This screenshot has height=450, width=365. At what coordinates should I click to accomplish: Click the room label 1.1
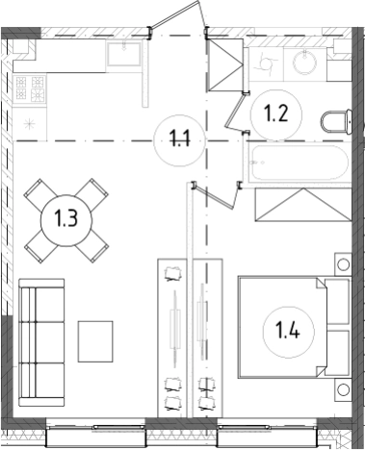coord(180,140)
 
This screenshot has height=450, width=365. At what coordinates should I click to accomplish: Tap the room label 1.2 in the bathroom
coord(276,113)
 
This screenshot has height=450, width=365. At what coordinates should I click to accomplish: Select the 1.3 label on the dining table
coord(66,219)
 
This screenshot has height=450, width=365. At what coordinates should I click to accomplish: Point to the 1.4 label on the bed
coord(288,331)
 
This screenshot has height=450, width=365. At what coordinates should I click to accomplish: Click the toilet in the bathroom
coord(336,122)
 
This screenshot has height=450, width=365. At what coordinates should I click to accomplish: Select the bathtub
coord(300,163)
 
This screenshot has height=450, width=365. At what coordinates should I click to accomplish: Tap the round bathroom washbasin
coord(304,62)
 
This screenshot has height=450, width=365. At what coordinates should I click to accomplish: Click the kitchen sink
coord(124,54)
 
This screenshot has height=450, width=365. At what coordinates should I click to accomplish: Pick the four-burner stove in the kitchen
coord(30,88)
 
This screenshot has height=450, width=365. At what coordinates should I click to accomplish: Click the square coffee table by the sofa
coord(95,341)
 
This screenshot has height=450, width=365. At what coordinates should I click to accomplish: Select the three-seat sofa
coord(41,342)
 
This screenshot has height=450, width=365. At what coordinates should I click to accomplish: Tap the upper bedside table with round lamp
coord(343,264)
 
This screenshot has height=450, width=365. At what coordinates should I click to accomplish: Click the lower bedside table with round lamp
coord(343,389)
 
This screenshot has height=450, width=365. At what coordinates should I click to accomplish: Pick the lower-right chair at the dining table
coord(92,247)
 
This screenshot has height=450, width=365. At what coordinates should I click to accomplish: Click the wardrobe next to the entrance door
coord(225,65)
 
